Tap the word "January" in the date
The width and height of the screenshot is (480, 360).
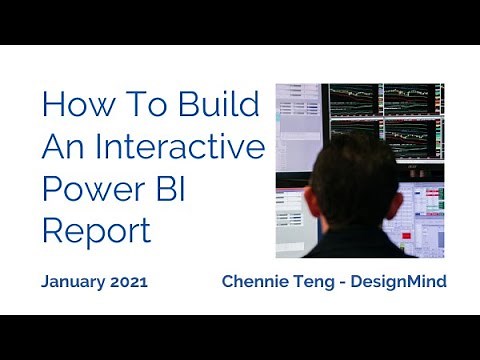pos(75,282)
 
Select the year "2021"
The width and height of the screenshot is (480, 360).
pos(130,282)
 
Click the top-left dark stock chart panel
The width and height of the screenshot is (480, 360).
pos(356,100)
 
